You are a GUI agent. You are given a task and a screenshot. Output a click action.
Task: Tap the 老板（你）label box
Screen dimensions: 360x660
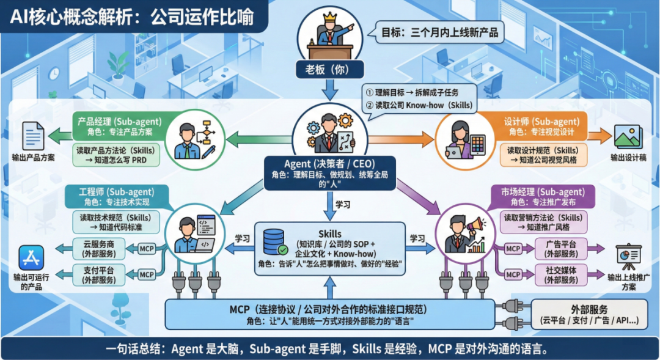pos(330,68)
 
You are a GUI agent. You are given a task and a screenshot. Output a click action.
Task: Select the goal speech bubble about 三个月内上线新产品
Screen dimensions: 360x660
pos(439,32)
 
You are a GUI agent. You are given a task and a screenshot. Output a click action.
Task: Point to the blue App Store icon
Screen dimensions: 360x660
pos(31,259)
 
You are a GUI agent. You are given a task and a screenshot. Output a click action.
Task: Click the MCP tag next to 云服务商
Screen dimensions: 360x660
pos(147,249)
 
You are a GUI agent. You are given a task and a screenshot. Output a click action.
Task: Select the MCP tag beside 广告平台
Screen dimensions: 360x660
pos(513,249)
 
